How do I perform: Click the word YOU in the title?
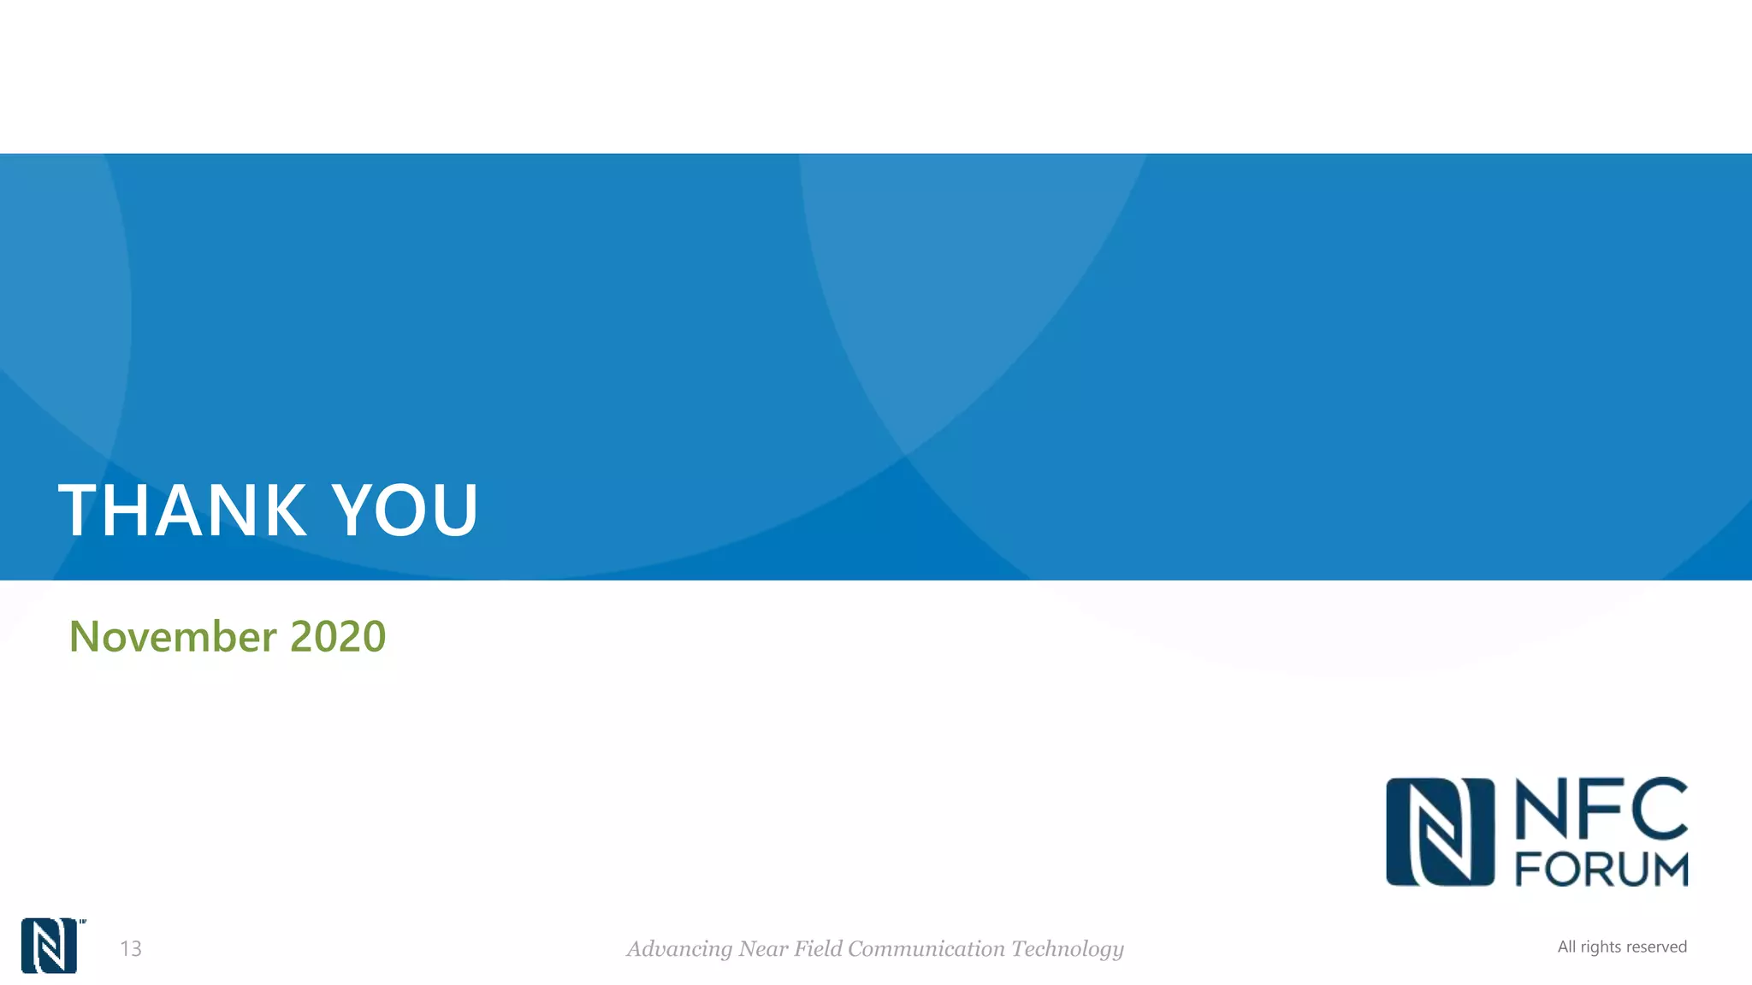point(405,510)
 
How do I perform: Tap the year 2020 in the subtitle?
point(338,636)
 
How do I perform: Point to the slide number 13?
point(131,948)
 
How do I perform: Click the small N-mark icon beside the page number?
point(49,946)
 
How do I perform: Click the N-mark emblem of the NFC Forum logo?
point(1440,832)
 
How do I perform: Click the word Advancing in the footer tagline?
point(679,949)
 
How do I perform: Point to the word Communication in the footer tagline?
point(926,948)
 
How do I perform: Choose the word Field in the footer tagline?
point(818,948)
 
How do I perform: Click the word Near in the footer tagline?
point(763,948)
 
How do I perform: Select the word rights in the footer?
point(1601,947)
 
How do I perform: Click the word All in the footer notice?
point(1566,947)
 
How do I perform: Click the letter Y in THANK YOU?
point(358,510)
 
